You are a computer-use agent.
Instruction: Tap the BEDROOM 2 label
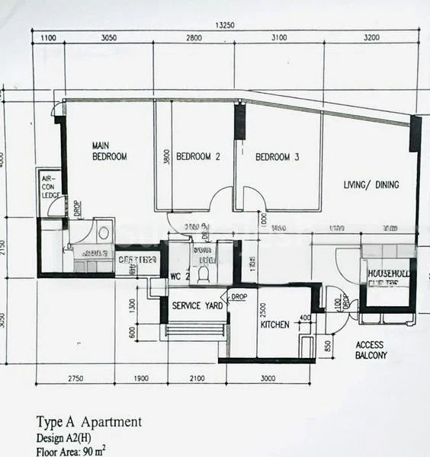(198, 158)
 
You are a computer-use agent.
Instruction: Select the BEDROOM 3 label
(277, 158)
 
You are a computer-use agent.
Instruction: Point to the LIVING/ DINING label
(370, 185)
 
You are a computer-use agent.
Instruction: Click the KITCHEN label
(274, 324)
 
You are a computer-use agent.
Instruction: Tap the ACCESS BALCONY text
(371, 350)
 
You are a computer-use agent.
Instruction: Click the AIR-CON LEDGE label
(50, 185)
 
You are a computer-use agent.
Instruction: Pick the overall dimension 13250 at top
(224, 25)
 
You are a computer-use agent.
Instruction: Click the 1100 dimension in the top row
(48, 37)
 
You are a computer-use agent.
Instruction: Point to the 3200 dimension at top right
(371, 37)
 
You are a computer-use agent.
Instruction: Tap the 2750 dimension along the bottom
(73, 378)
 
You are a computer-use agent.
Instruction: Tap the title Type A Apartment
(88, 422)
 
